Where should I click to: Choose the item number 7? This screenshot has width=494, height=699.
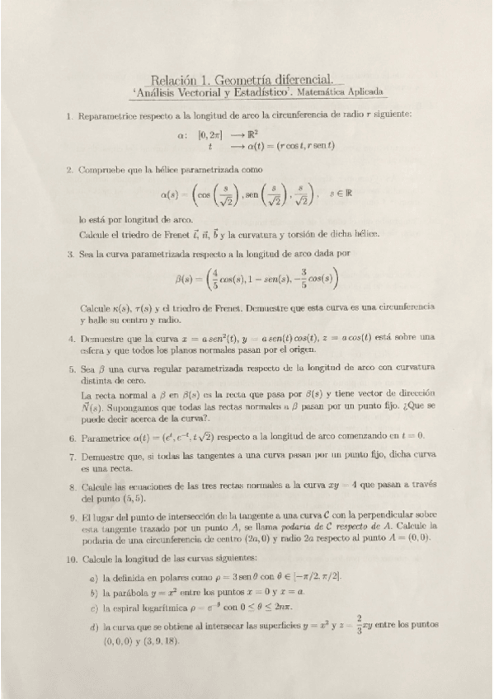[72, 455]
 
